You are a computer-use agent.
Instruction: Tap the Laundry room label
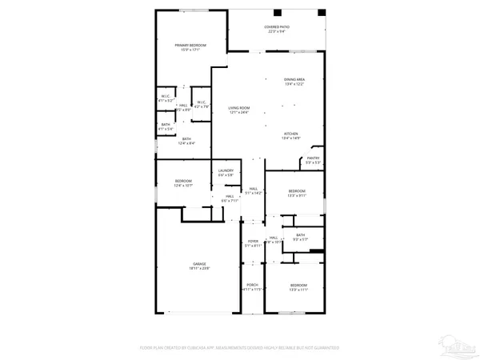pyautogui.click(x=226, y=172)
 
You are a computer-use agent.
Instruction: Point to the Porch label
pyautogui.click(x=253, y=286)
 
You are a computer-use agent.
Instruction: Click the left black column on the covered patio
pyautogui.click(x=277, y=13)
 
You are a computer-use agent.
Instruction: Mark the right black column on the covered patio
pyautogui.click(x=321, y=13)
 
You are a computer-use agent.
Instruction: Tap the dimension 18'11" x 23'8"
pyautogui.click(x=198, y=269)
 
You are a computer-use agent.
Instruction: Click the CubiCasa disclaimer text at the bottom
pyautogui.click(x=240, y=348)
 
